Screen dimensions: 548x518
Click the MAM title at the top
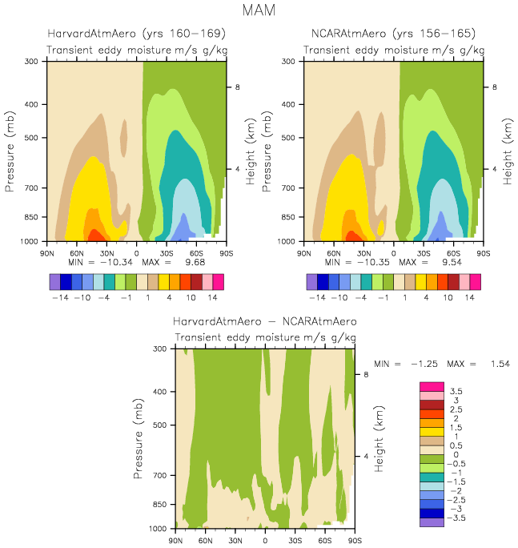tap(259, 11)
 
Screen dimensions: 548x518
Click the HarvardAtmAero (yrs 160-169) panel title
tap(136, 34)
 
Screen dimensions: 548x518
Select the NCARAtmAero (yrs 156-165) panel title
tap(393, 34)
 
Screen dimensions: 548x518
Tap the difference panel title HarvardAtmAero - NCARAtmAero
tap(265, 321)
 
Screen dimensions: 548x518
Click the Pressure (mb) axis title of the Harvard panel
tap(10, 151)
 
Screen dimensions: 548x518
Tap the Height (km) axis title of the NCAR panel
tap(507, 151)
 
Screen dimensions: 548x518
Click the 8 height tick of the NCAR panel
tap(493, 87)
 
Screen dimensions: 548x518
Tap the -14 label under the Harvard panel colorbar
tap(61, 297)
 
